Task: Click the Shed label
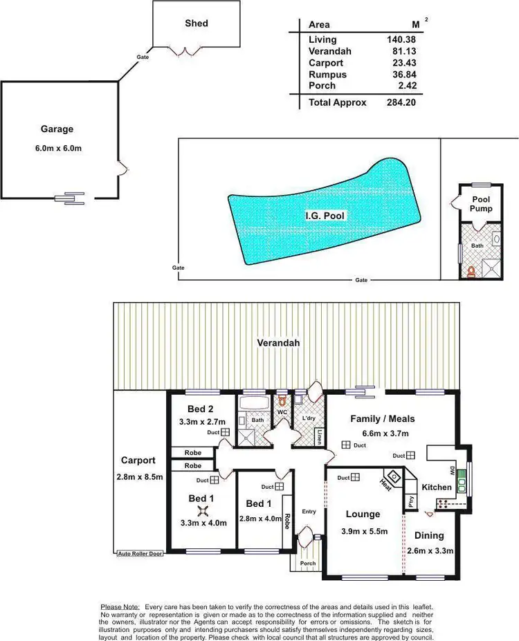click(196, 24)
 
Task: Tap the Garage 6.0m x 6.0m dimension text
click(57, 149)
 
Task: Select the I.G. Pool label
click(325, 216)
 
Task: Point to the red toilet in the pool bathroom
click(473, 270)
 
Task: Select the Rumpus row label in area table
click(327, 75)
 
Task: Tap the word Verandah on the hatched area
click(278, 343)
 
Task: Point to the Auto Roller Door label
click(140, 554)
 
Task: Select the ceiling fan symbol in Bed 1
click(203, 510)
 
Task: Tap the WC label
click(282, 413)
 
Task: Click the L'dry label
click(307, 418)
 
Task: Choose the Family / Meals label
click(382, 418)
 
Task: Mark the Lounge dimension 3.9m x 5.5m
click(363, 532)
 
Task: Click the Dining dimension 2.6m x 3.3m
click(434, 551)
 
